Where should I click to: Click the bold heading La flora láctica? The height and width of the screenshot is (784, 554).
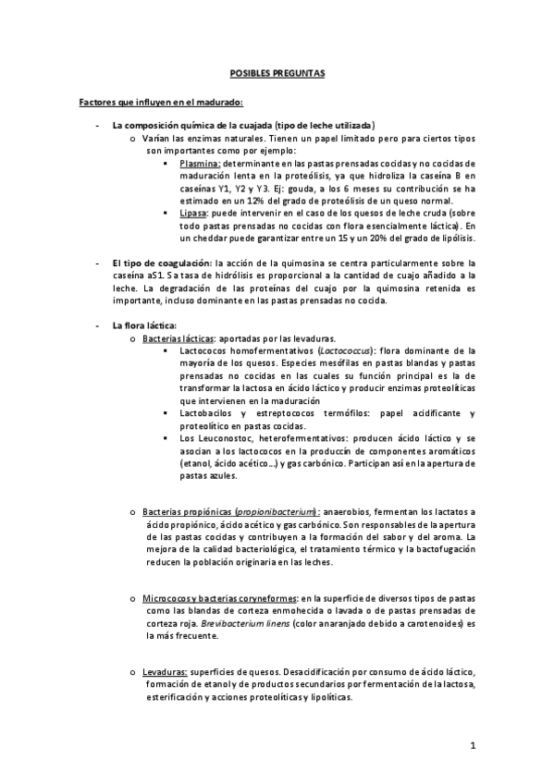coord(137,325)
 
